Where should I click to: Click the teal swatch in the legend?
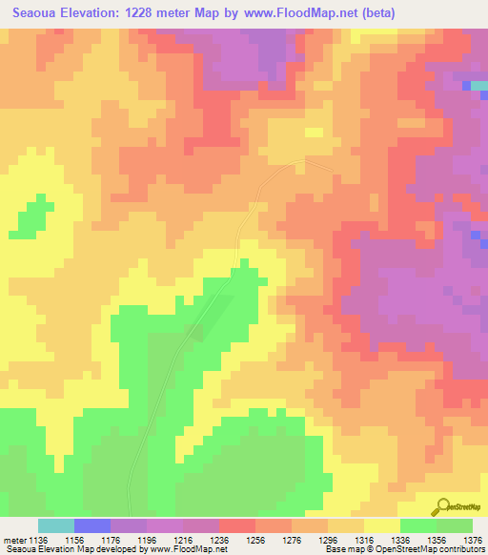tap(56, 525)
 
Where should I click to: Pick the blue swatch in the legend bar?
tap(92, 525)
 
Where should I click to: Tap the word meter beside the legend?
tap(16, 539)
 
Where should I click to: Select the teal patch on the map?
tap(478, 87)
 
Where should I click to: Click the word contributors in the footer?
tap(461, 549)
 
